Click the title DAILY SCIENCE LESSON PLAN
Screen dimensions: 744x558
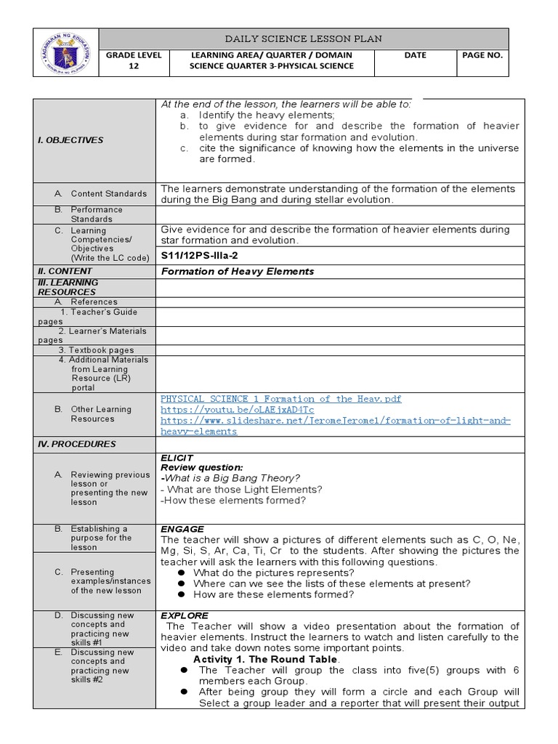303,39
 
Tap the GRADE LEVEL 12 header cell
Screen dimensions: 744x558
133,60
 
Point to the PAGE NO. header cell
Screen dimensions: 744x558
482,55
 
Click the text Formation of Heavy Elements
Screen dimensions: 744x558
237,271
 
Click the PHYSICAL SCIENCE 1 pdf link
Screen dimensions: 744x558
280,399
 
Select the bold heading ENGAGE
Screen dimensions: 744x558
182,529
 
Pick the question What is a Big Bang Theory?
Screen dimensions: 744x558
231,477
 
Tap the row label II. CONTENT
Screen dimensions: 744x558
65,270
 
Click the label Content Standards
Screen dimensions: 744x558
109,194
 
